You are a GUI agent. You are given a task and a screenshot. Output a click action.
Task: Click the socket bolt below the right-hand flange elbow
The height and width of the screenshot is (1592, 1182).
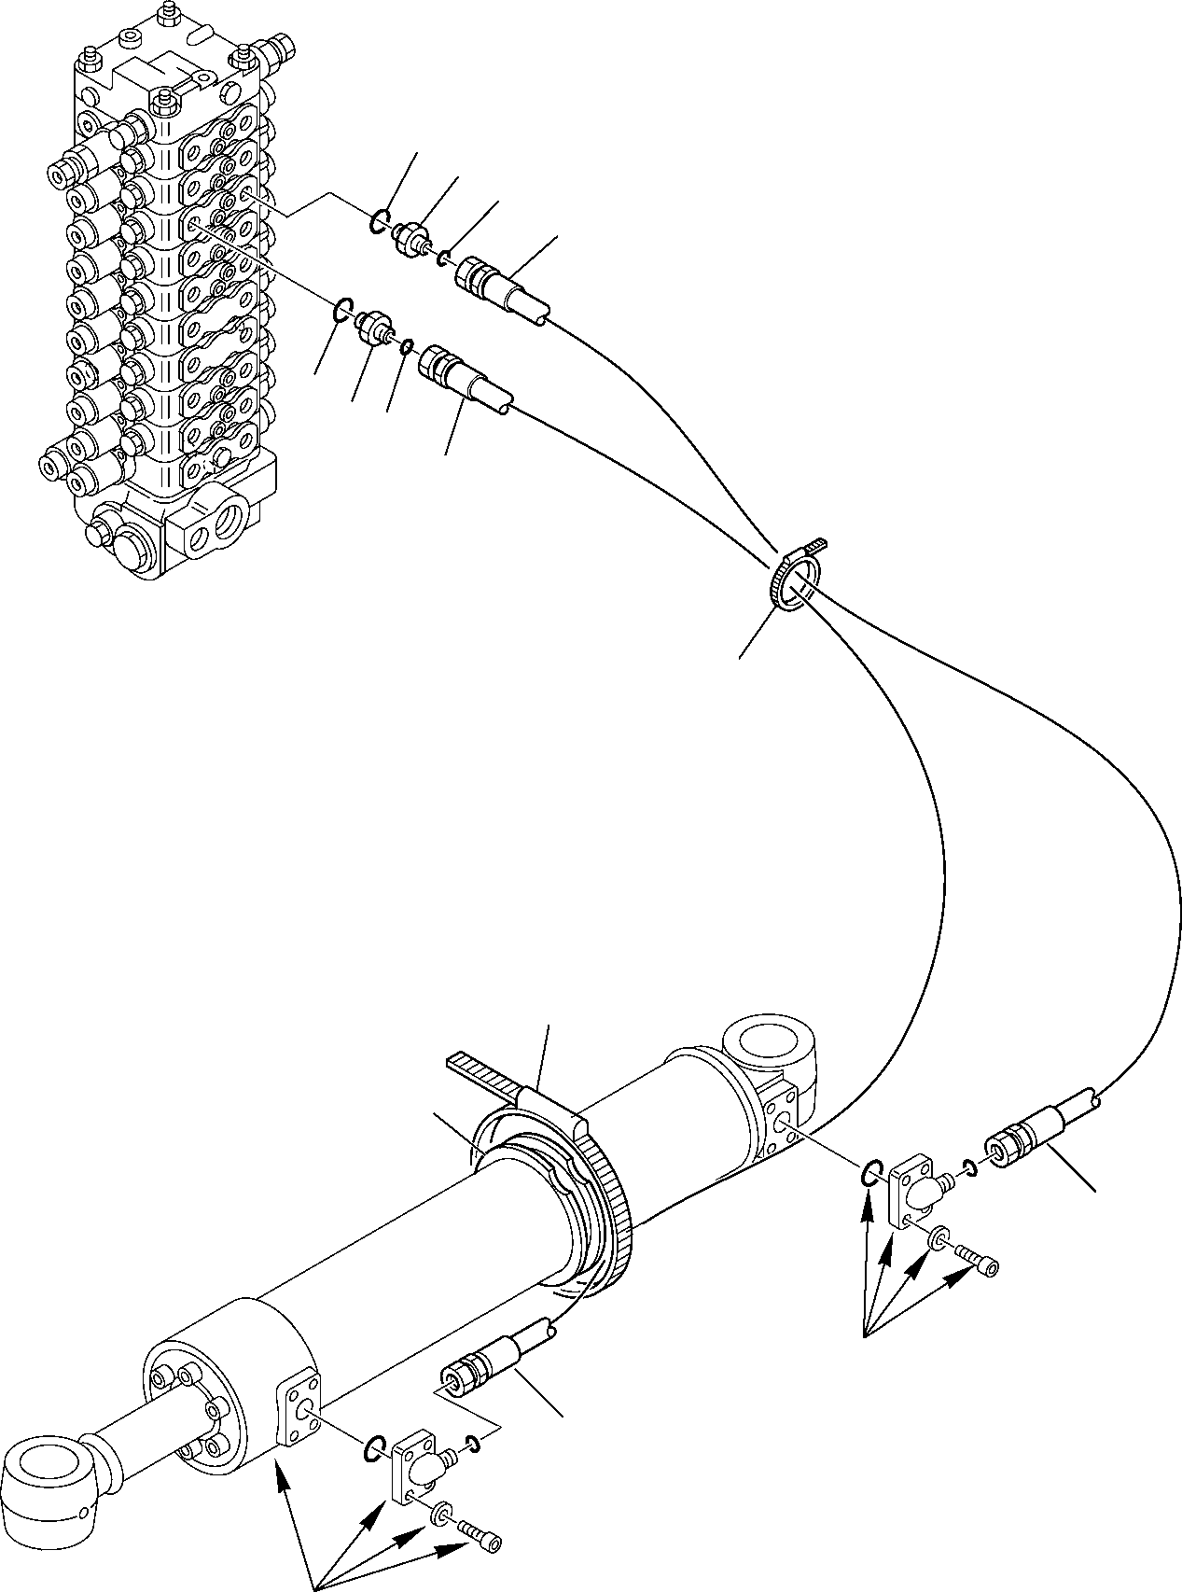979,1265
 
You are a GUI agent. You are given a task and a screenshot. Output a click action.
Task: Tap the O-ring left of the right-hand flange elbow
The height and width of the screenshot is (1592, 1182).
869,1173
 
